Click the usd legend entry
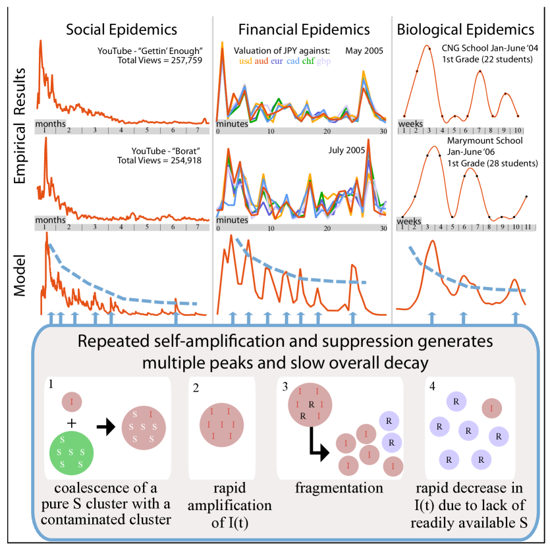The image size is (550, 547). pyautogui.click(x=244, y=61)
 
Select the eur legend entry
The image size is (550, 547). pyautogui.click(x=277, y=61)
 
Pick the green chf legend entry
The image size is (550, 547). pyautogui.click(x=308, y=61)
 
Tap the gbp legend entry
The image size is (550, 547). pyautogui.click(x=323, y=61)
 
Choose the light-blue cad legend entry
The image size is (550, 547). pyautogui.click(x=293, y=61)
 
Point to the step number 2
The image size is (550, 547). pyautogui.click(x=196, y=388)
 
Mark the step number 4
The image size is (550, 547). pyautogui.click(x=432, y=386)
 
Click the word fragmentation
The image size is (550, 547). pyautogui.click(x=339, y=488)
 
